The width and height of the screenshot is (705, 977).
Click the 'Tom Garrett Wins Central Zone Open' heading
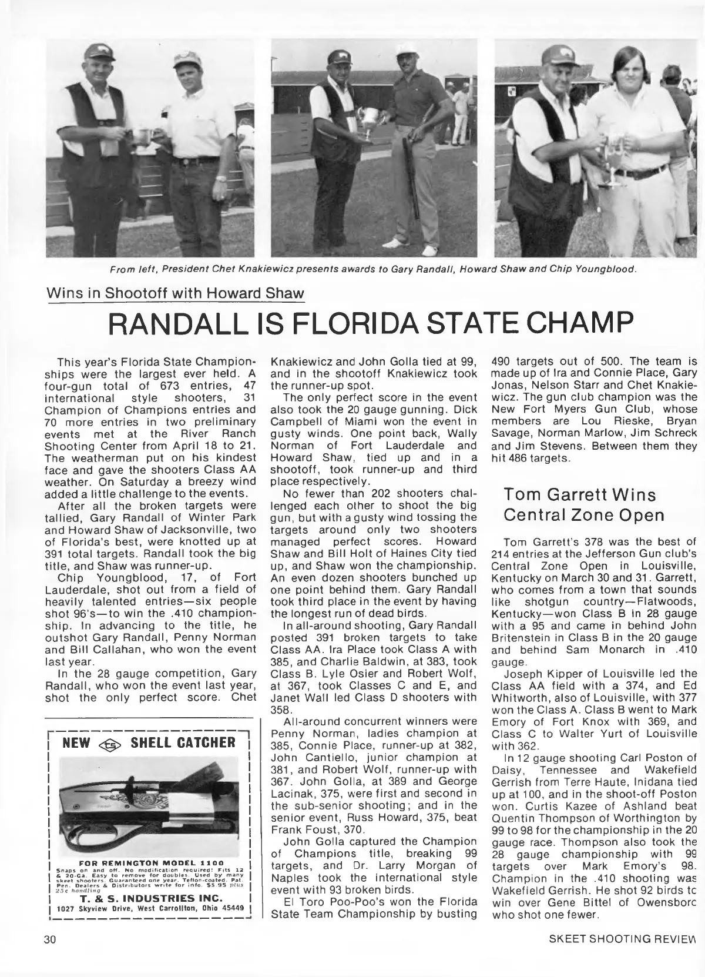pyautogui.click(x=584, y=504)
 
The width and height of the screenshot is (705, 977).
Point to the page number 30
pyautogui.click(x=49, y=955)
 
